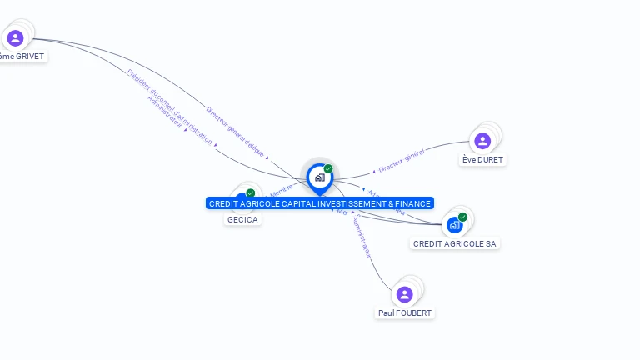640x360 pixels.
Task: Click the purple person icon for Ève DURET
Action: click(482, 141)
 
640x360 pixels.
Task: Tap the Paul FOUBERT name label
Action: click(405, 312)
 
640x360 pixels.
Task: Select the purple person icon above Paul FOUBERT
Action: click(405, 294)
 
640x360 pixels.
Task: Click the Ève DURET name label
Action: click(482, 159)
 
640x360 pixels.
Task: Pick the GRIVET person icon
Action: click(15, 38)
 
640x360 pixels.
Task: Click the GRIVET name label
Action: click(21, 57)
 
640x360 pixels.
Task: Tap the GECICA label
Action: click(242, 219)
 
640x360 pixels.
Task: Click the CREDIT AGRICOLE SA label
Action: click(455, 243)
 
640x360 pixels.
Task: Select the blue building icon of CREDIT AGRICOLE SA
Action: click(454, 224)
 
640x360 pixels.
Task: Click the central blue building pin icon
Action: click(319, 177)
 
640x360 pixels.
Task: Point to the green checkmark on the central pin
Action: click(328, 168)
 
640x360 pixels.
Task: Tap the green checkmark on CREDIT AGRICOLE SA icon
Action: click(462, 217)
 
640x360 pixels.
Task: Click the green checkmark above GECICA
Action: click(250, 193)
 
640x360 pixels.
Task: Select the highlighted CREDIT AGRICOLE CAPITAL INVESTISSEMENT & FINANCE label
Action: click(320, 203)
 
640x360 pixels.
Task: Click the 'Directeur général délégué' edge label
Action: click(235, 132)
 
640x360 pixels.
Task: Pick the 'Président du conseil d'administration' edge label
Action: click(169, 107)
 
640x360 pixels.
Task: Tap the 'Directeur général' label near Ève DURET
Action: click(402, 161)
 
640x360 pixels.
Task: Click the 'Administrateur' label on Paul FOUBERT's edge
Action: click(362, 237)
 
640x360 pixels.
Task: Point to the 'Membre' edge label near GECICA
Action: click(281, 190)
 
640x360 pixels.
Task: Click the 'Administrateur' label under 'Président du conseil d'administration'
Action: click(166, 112)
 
